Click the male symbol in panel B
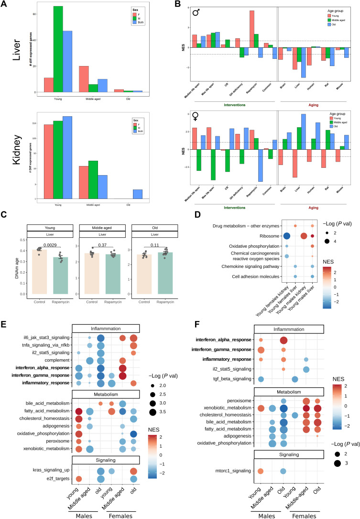tap(196, 13)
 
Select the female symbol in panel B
tap(196, 115)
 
